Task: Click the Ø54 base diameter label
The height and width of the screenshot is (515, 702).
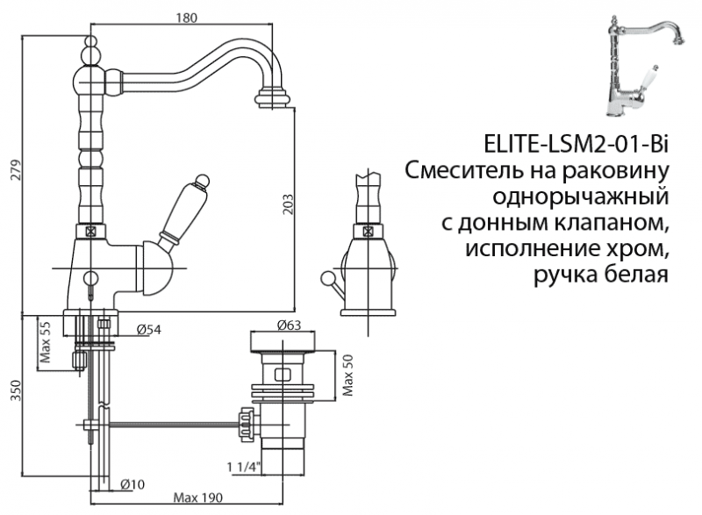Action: tap(147, 330)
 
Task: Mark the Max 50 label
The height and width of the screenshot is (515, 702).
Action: tap(347, 375)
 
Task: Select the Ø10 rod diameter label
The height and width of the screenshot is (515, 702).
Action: tap(133, 483)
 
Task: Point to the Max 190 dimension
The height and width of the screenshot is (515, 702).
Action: tap(198, 497)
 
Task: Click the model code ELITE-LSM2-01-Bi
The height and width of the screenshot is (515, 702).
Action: tap(576, 144)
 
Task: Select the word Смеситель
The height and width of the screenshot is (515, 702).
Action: tap(463, 168)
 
